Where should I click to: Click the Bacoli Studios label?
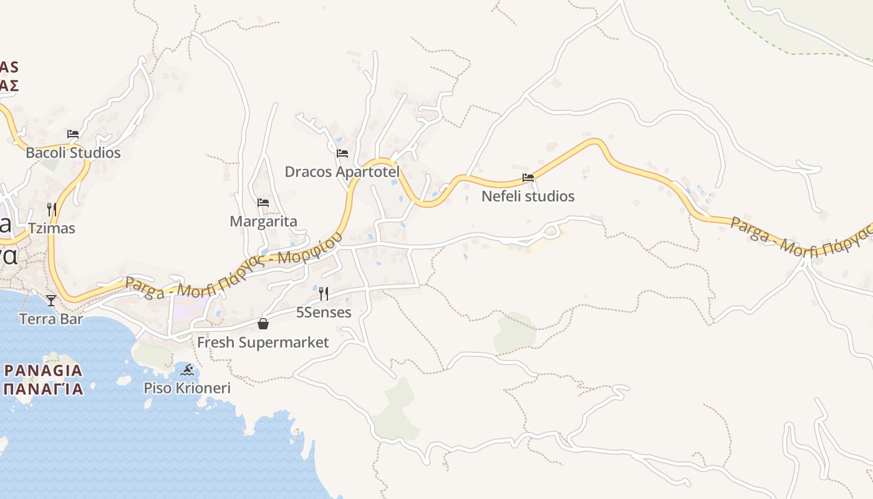73,153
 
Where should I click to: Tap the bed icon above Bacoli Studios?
73,133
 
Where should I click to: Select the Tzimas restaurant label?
52,228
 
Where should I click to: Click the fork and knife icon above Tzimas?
52,209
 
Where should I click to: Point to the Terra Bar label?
51,319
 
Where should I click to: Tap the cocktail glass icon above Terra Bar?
51,301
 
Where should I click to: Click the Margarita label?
263,221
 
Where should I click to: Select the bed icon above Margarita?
263,203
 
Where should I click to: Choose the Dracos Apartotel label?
342,172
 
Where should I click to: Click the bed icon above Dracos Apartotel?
342,153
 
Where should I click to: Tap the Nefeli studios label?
528,196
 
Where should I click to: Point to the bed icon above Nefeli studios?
528,178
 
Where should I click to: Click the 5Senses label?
324,312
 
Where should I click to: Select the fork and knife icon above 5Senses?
324,293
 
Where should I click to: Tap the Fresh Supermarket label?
263,342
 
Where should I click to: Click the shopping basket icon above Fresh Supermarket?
263,324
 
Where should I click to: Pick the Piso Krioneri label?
187,388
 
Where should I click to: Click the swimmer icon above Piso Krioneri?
187,370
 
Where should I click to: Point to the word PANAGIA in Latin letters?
43,371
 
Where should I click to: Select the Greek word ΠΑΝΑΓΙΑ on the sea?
43,389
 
